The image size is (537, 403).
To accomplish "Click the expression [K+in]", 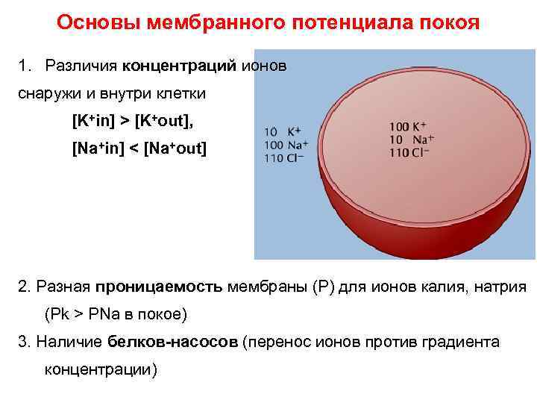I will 98,121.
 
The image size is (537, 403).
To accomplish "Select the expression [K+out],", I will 172,121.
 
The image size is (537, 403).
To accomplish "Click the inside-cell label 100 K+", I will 412,126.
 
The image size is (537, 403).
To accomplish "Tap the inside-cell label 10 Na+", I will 412,139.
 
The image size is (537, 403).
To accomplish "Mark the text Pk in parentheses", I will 60,314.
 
